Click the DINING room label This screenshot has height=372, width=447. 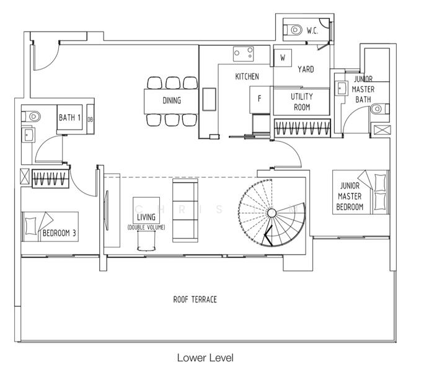172,100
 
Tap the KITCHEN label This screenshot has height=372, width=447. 247,77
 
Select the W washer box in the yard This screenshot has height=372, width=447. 282,58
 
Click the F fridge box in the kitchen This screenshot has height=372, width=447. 259,98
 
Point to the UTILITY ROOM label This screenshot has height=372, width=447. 301,102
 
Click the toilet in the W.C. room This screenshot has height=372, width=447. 293,29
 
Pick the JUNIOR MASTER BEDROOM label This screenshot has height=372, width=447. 350,196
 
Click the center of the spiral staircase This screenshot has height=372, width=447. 271,213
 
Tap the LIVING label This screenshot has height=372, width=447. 146,216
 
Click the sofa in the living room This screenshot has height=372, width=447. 184,210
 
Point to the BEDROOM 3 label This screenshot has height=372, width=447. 60,234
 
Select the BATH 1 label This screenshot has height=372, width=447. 69,117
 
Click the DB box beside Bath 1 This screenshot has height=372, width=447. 90,120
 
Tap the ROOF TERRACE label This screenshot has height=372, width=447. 195,299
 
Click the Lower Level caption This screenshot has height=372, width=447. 205,358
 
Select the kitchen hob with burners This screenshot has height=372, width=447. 244,54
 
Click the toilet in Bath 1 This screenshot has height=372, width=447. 32,115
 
